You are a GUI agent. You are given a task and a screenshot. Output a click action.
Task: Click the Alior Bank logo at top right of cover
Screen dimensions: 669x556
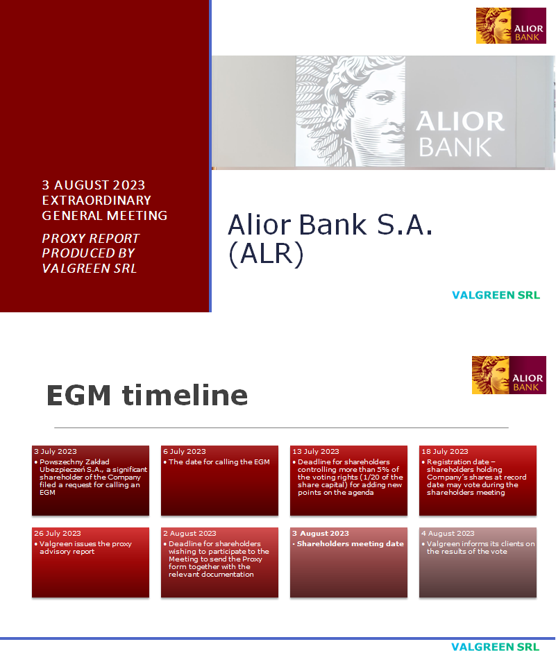tap(511, 26)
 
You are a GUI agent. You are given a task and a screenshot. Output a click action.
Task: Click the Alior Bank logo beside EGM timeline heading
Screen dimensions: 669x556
tap(509, 375)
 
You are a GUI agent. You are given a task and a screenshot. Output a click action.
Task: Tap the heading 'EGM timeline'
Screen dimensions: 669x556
tap(146, 395)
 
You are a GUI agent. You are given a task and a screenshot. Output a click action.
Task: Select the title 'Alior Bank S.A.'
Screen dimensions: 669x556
tap(330, 225)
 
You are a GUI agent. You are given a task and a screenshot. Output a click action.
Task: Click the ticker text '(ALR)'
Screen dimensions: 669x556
tap(266, 255)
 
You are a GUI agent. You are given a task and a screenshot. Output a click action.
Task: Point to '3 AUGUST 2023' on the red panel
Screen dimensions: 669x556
tap(94, 185)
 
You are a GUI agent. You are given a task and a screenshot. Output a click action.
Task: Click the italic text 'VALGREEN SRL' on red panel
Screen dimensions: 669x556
tap(90, 269)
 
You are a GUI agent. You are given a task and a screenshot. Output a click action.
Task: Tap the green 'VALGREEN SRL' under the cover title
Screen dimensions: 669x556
tap(496, 295)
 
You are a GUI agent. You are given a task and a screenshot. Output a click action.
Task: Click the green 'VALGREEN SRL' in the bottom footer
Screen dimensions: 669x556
tap(495, 647)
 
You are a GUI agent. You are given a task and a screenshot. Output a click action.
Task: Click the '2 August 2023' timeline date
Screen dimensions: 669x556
tap(189, 534)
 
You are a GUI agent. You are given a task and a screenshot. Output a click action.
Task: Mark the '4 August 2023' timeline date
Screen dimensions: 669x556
tap(448, 534)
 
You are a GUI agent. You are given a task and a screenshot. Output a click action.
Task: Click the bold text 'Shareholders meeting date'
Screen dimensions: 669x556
tap(350, 544)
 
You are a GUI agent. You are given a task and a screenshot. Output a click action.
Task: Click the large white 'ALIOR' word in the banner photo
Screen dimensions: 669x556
tap(460, 122)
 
